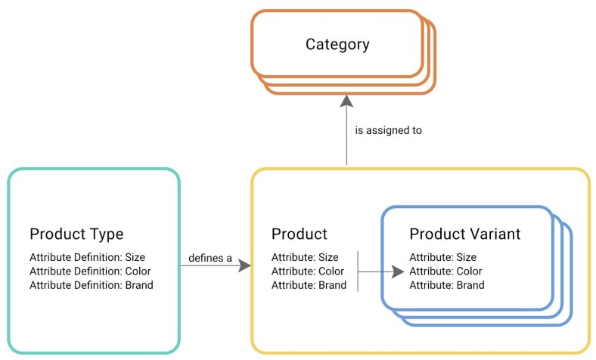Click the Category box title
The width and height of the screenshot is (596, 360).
click(x=337, y=44)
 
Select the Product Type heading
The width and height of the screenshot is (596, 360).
click(x=76, y=234)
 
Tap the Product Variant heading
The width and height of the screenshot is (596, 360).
click(x=464, y=234)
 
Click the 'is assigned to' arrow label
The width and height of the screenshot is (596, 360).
click(x=388, y=130)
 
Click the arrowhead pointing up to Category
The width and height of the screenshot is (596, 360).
click(x=346, y=101)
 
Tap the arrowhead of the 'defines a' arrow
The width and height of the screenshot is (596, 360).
click(x=244, y=266)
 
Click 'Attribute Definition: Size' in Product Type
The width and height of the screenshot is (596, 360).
click(x=86, y=257)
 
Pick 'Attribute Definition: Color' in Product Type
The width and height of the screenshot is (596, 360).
click(x=89, y=271)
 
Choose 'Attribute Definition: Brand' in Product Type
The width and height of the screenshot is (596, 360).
click(x=91, y=285)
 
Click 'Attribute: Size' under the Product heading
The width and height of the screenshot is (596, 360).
click(x=304, y=257)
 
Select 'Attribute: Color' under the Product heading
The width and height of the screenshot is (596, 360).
click(x=307, y=271)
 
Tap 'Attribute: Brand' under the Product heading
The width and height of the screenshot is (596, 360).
click(x=309, y=285)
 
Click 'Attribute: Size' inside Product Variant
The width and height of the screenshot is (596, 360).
click(x=442, y=257)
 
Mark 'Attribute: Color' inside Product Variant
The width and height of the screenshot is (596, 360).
click(x=445, y=271)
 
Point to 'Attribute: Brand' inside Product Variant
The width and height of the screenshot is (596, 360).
click(x=447, y=285)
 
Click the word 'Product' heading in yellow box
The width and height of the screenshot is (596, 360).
click(x=299, y=234)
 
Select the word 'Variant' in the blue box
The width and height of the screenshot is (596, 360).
click(x=495, y=234)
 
